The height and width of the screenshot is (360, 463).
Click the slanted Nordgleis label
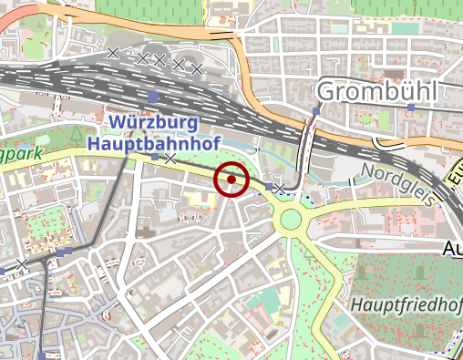pos(395,182)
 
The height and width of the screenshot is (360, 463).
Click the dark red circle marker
pos(231,180)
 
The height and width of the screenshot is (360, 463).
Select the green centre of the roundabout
pos(291,219)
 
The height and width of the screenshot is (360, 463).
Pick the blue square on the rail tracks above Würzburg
pos(152,97)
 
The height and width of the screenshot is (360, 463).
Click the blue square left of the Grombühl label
pos(316,112)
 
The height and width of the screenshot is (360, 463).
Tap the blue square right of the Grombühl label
pos(412,108)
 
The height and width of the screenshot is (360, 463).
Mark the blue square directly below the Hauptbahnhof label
pos(154,158)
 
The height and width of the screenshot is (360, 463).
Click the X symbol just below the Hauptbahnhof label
pos(170,159)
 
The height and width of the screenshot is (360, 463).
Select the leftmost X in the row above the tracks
pos(113,54)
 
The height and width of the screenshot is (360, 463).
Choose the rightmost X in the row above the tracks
pos(195,67)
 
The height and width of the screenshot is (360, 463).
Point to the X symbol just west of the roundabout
pos(281,188)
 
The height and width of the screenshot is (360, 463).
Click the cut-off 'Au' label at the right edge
pos(452,248)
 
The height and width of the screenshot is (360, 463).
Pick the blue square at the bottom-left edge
pos(42,355)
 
